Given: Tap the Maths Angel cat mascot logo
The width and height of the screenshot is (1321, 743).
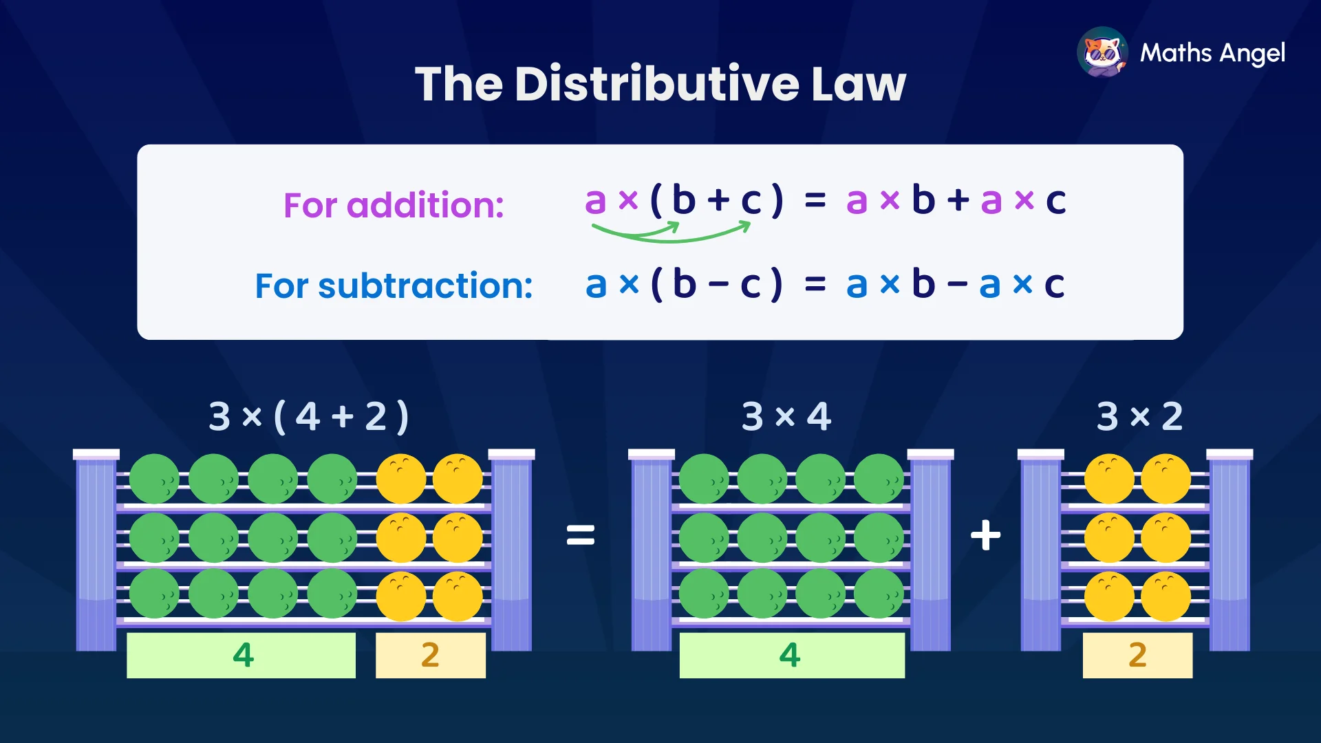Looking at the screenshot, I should tap(1102, 52).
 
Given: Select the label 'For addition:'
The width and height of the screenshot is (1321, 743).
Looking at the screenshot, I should tap(394, 205).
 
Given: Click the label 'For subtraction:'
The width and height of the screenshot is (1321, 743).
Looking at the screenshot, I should tap(394, 286).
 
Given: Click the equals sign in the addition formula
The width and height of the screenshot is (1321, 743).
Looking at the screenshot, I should tap(815, 201).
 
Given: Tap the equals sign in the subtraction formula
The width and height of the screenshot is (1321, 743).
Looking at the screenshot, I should tap(815, 283).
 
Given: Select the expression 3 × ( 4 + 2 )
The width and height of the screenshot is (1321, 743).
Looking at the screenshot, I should tap(309, 416).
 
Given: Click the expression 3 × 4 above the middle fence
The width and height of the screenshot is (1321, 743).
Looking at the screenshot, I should tap(786, 416).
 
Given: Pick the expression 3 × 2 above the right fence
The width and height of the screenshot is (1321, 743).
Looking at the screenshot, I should tap(1139, 416).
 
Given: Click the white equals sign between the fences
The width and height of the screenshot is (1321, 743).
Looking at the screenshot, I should tap(580, 535).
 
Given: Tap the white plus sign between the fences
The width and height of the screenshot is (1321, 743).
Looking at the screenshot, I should tap(985, 535).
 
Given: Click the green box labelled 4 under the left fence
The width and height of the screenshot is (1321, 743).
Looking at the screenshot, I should tap(241, 655).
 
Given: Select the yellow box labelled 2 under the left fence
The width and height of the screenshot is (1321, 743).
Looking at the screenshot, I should tap(431, 655).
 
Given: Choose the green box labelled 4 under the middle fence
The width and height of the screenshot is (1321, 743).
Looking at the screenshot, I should tap(792, 655).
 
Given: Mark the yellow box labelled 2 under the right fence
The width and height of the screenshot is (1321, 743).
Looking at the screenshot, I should tap(1137, 655).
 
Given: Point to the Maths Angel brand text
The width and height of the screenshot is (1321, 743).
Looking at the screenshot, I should tap(1212, 53).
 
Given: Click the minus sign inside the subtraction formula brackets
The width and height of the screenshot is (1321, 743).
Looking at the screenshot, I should tap(718, 284).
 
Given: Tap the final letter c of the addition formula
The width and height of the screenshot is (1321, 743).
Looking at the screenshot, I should tap(1056, 201).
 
